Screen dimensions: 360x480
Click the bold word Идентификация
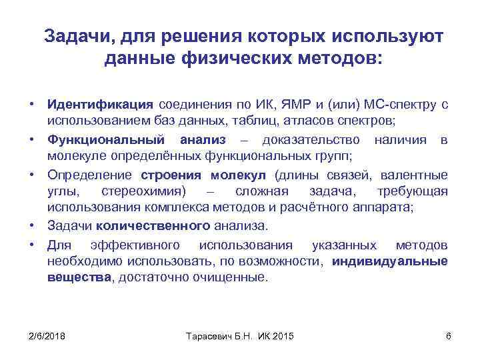point(100,105)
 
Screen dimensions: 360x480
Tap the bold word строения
point(173,175)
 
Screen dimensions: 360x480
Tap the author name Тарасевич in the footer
point(208,335)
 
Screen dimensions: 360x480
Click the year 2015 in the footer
point(284,335)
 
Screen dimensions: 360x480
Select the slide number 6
point(448,335)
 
